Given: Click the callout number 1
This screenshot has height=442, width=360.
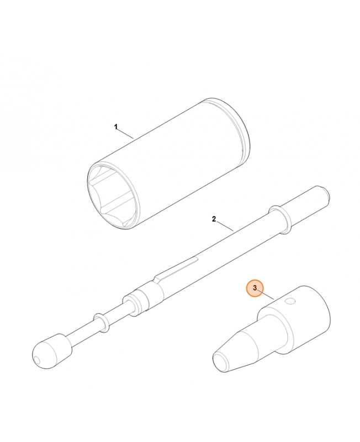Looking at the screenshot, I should (116, 127).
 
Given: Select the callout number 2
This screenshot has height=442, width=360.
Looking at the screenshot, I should (214, 219).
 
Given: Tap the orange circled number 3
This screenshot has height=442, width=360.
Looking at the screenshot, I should (255, 288).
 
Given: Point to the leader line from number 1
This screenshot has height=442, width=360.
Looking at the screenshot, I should (125, 133).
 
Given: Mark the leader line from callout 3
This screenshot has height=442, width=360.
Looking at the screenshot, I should (267, 295).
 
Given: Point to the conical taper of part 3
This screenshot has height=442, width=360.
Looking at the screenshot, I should (243, 346).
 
